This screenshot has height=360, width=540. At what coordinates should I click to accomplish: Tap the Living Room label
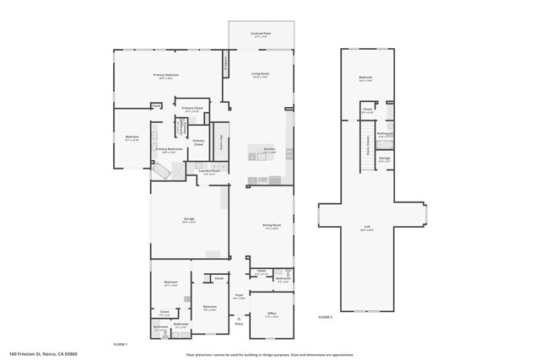[260, 74]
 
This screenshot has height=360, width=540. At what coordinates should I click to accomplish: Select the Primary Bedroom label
[166, 75]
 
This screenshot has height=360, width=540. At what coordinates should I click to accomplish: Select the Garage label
[189, 221]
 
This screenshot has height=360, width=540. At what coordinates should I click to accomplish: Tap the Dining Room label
[271, 225]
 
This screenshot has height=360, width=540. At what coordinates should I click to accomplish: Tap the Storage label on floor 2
[385, 158]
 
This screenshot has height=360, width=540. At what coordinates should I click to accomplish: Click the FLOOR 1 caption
[121, 344]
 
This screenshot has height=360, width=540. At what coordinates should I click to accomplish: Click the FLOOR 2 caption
[326, 317]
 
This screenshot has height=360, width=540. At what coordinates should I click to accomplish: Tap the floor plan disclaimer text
[270, 354]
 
